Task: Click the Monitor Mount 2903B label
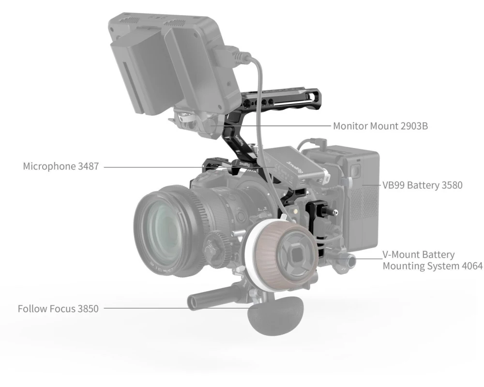[x=380, y=126]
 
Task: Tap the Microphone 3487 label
[x=61, y=166]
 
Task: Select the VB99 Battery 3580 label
[x=422, y=185]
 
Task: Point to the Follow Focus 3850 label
[x=58, y=309]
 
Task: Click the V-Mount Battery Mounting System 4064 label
[x=432, y=260]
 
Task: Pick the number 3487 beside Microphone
[x=88, y=166]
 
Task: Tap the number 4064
[x=472, y=266]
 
